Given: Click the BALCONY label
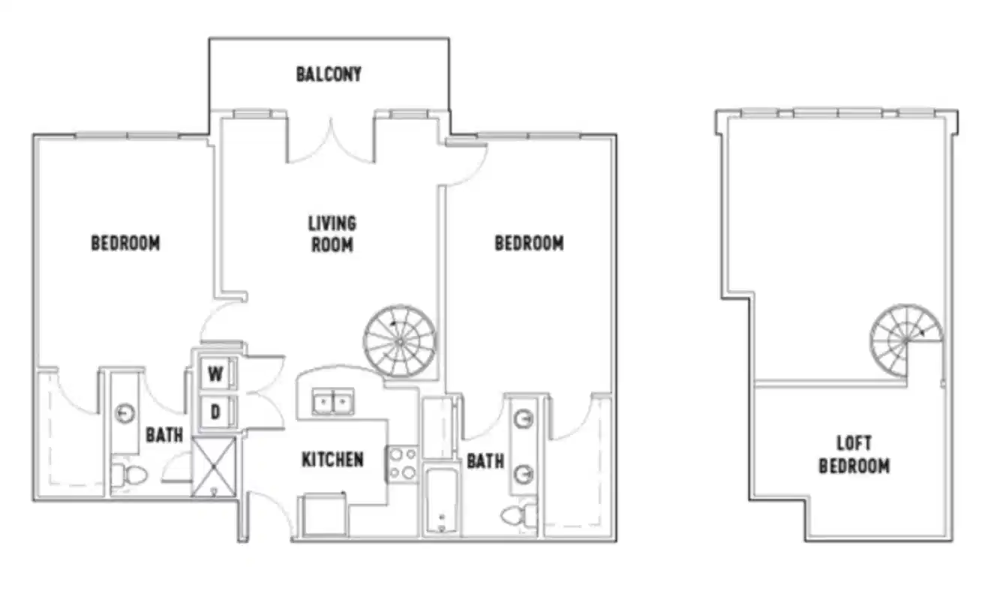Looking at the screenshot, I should pos(329,74).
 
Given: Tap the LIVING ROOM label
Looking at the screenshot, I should pos(332,234).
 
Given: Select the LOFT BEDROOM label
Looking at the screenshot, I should pos(854,455).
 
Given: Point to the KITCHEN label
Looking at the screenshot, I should pos(332,460).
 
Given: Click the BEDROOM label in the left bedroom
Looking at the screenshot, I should pos(125,244).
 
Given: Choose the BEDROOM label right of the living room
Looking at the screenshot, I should pos(529,244).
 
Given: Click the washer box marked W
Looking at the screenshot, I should pos(215,373).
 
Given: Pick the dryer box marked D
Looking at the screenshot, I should pos(215,412).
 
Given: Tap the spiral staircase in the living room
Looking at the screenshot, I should pos(399,341).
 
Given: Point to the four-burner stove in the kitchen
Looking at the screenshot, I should pos(403,463).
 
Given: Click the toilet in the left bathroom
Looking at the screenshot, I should pos(127,474).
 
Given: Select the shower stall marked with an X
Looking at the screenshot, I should pos(214,466).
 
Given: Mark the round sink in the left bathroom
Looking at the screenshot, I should pos(125,413).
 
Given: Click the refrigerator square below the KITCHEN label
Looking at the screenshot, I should pos(324,516).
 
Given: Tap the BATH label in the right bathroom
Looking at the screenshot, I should pos(485,461).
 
